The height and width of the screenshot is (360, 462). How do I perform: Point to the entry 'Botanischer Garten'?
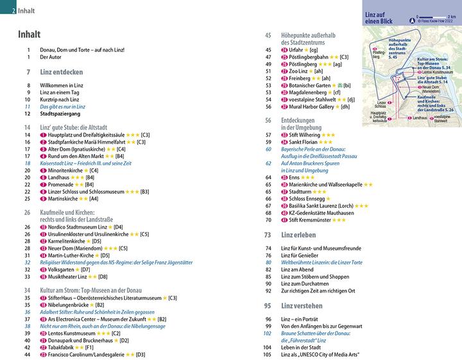click(315, 85)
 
